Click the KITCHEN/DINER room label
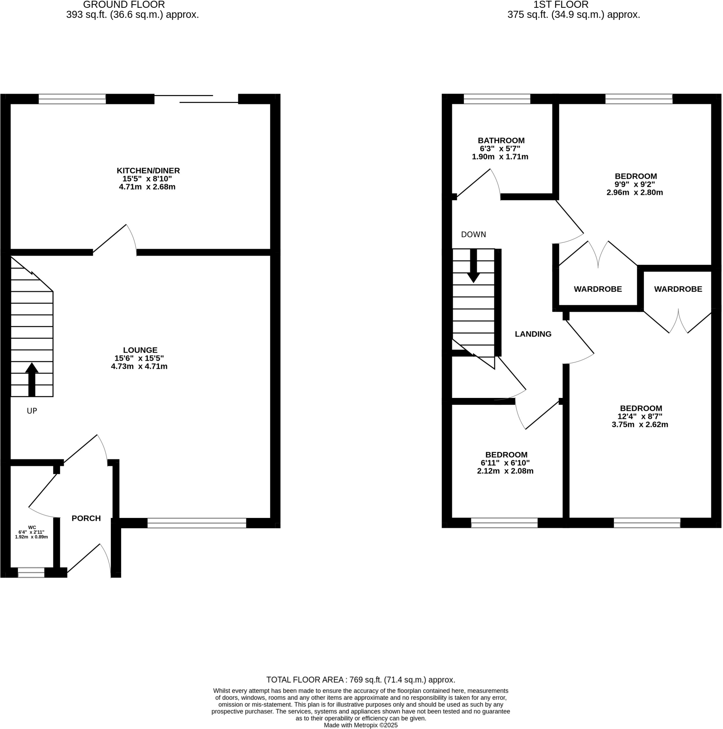[148, 171]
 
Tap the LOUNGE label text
[140, 350]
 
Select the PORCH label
[86, 518]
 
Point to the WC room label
[32, 528]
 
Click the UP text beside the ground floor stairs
[32, 411]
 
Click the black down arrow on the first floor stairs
[473, 266]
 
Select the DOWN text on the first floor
[473, 235]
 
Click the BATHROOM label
[501, 141]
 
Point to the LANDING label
[533, 334]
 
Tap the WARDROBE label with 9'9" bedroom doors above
[598, 289]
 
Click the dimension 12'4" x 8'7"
[640, 416]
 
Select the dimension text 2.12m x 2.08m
[505, 471]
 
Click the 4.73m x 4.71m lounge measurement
[139, 366]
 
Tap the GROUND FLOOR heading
[124, 5]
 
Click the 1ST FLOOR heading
[561, 5]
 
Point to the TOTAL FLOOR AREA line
[360, 680]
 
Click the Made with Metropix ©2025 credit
[360, 725]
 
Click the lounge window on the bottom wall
[197, 523]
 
